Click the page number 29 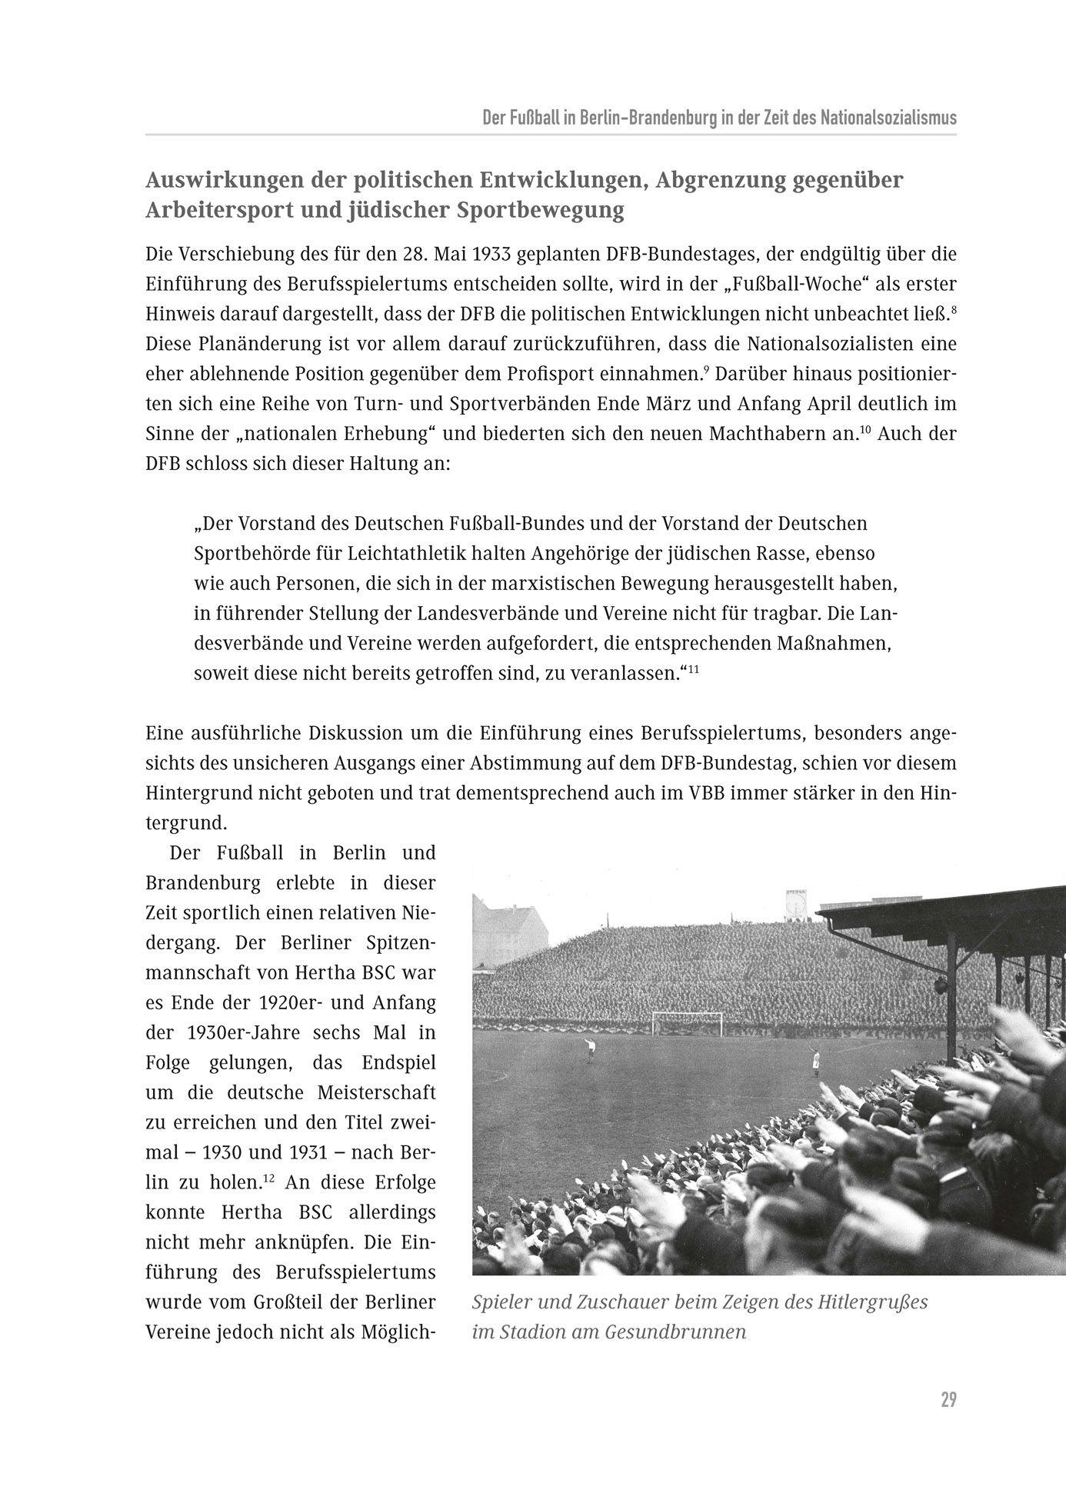(948, 1399)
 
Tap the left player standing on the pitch (591, 1048)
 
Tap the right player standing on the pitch (815, 1062)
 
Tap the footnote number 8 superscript (953, 308)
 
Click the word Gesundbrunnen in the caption (675, 1332)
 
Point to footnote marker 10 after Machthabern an (865, 429)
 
